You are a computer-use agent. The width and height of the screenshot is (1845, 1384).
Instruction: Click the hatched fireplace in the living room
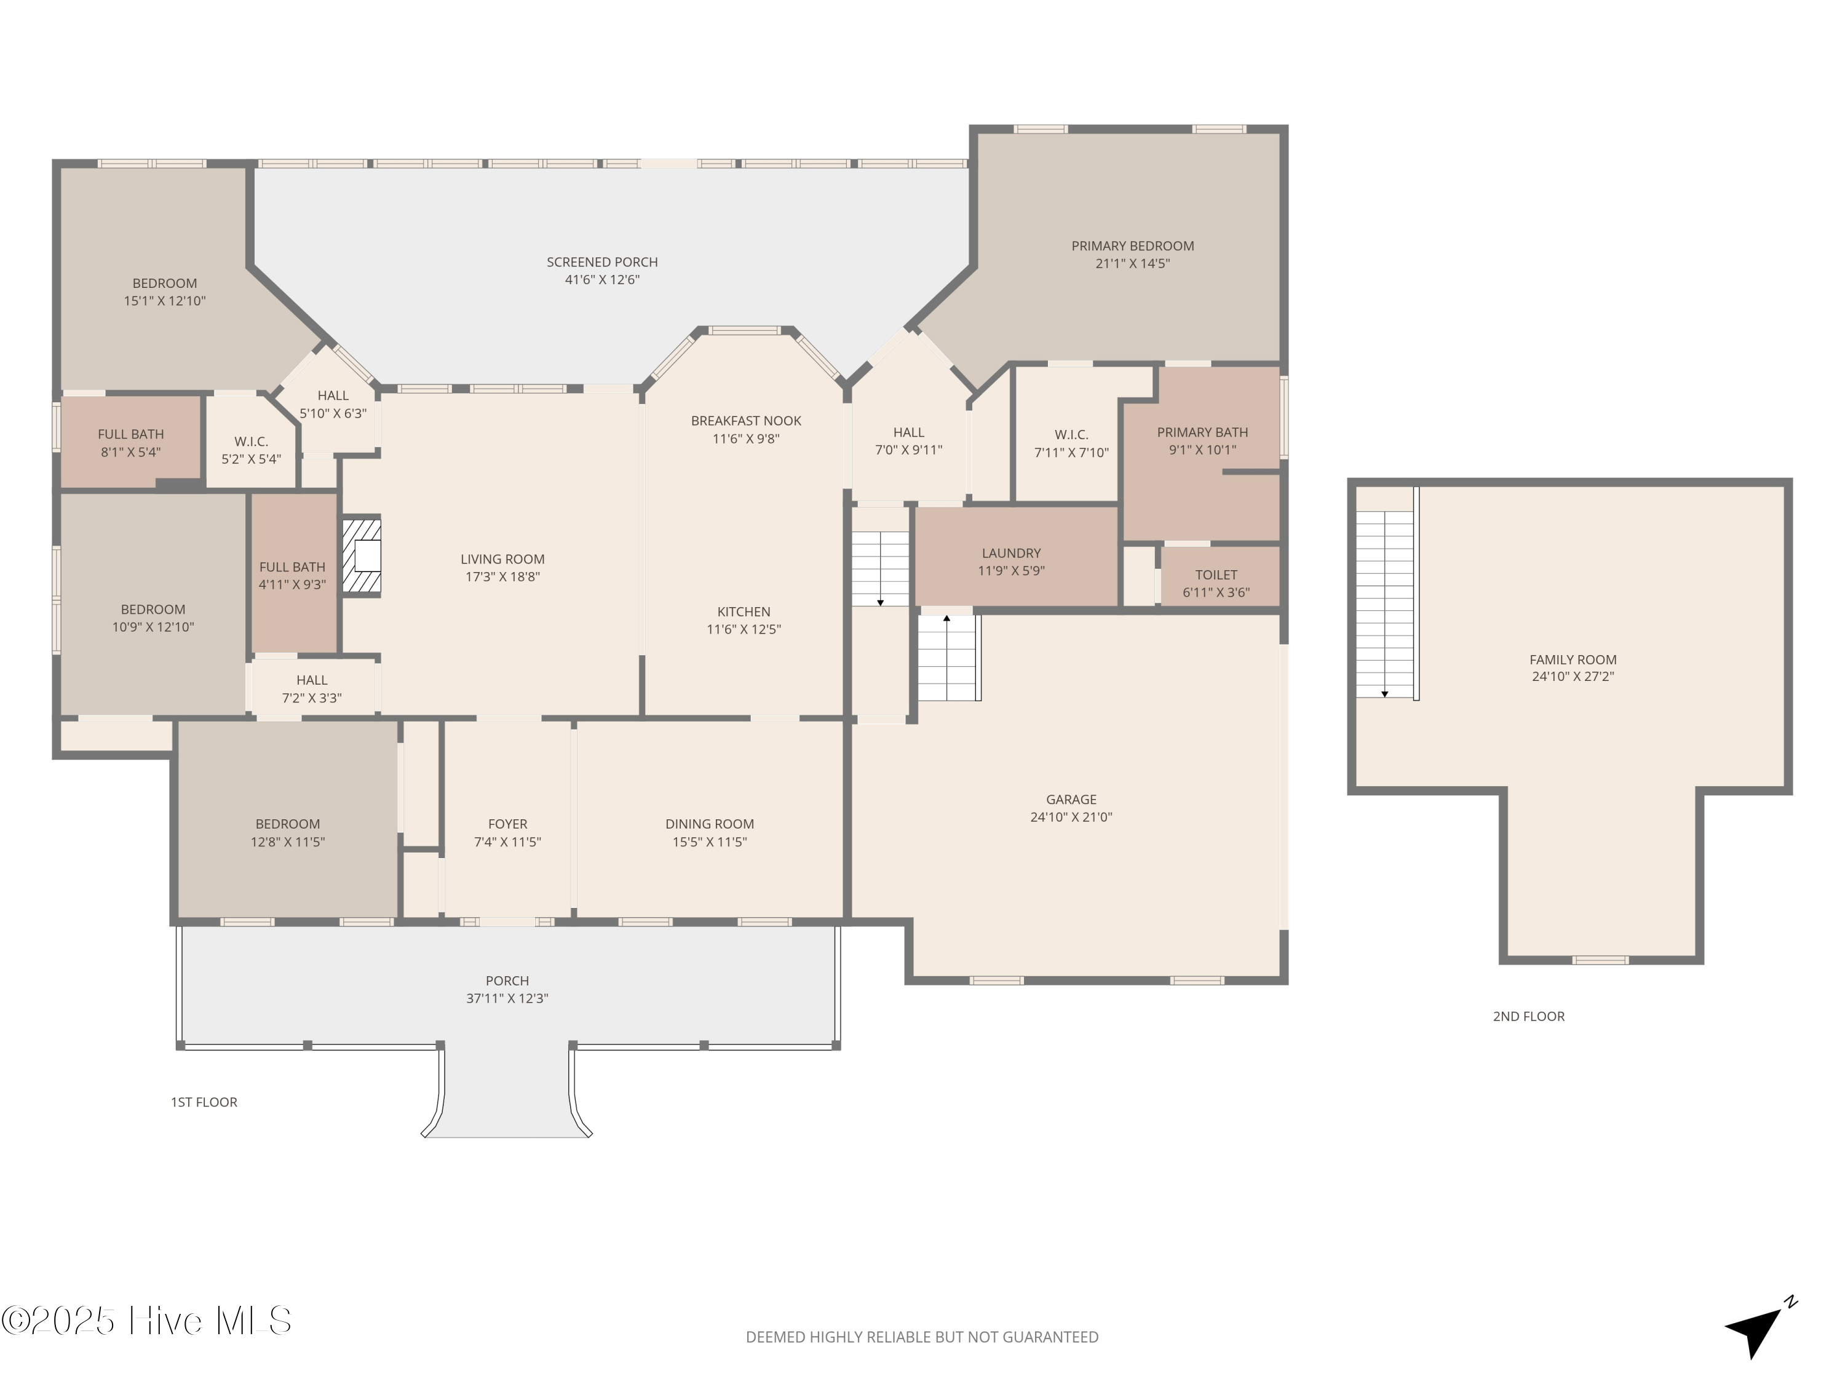363,557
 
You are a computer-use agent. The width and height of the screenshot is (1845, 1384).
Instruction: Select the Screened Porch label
602,262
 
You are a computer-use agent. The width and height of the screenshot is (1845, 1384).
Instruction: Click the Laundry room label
1011,553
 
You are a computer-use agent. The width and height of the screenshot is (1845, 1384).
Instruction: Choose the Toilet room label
1216,575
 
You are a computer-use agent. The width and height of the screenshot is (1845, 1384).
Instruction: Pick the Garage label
1071,799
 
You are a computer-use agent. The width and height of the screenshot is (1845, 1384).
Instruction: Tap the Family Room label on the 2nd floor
1573,659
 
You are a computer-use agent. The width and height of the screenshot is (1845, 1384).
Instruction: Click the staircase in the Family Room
1386,604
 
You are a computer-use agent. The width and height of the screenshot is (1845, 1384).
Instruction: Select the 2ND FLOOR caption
1529,1016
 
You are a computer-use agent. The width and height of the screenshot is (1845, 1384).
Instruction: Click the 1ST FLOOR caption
204,1102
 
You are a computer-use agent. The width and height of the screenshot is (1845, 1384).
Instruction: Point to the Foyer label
507,824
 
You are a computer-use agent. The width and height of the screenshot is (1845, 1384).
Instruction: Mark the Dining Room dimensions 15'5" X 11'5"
710,841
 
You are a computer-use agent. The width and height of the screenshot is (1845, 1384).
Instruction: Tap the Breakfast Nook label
745,421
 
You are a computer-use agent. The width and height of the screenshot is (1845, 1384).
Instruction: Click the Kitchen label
743,611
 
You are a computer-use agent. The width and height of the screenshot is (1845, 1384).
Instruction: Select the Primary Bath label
1202,432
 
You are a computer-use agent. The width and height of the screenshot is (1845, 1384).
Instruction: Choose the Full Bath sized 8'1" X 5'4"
131,443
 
